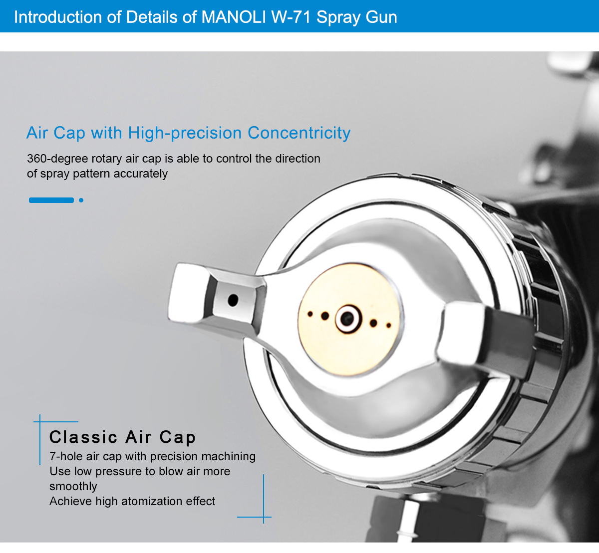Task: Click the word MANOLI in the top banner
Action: tap(234, 17)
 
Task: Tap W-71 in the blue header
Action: tap(291, 17)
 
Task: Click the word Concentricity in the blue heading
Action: tap(299, 133)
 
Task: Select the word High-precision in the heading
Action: tap(185, 133)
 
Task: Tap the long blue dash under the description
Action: tap(51, 200)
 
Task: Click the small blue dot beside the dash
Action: tap(81, 200)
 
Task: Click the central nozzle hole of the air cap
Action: tap(347, 318)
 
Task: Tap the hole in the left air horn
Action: tap(233, 300)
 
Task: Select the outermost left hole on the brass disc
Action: tap(310, 314)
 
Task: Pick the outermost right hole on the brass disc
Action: tap(388, 326)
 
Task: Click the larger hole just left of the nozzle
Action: tap(325, 316)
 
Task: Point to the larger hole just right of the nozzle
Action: tap(373, 323)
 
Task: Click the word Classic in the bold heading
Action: tap(83, 437)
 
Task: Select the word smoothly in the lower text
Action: tap(73, 486)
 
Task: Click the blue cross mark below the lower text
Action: tap(263, 517)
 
